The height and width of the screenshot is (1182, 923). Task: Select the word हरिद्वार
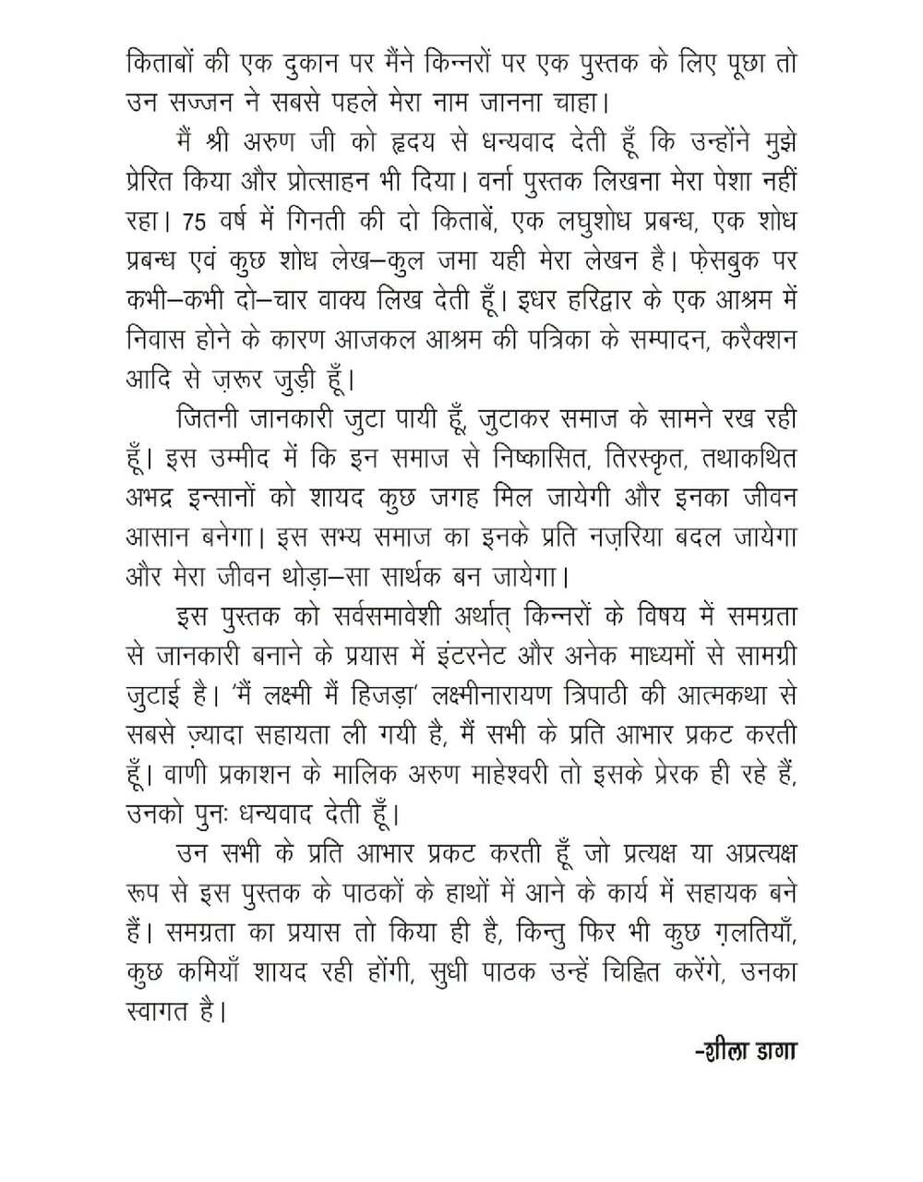coord(565,301)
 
